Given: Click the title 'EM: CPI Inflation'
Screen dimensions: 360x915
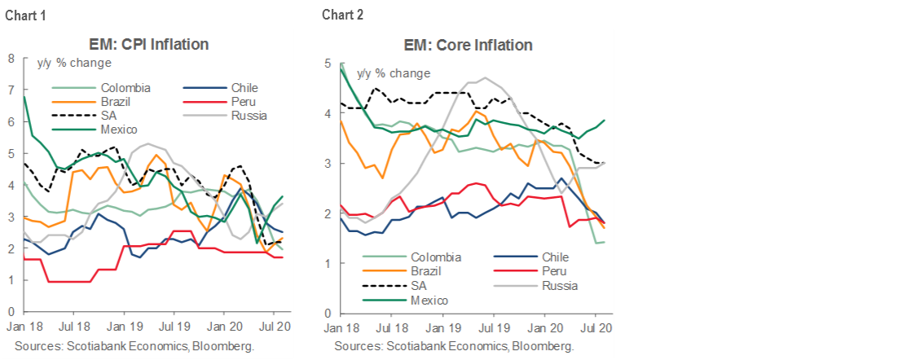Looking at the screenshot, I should click(148, 44).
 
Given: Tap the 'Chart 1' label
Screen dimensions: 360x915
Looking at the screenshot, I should click(24, 14).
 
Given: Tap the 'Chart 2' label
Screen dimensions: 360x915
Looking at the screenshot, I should click(343, 14).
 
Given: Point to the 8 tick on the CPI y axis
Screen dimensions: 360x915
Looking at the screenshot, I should click(11, 59).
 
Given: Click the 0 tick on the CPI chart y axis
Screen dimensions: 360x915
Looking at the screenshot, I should click(11, 312).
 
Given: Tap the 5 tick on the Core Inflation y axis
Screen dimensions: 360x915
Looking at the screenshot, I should click(327, 64).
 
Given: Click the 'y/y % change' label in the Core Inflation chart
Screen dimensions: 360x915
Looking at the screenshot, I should click(394, 73).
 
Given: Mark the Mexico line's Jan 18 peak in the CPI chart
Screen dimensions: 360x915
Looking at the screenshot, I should click(24, 96).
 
